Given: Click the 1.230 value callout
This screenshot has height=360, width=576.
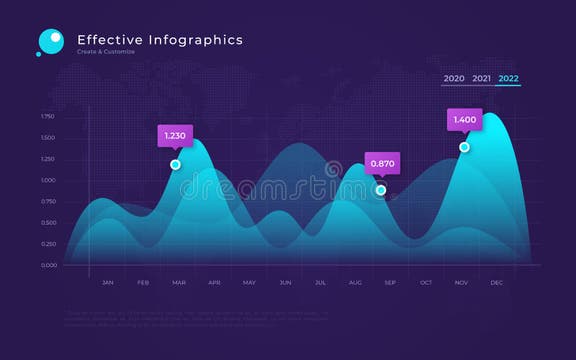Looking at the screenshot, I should (x=175, y=136).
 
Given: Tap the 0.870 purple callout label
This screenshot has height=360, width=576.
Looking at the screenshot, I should (x=382, y=163).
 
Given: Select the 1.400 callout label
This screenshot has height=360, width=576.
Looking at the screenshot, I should (x=465, y=120).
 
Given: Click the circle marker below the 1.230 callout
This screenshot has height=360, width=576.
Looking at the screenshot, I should (x=176, y=164).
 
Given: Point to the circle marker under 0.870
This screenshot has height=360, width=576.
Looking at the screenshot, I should (x=381, y=190).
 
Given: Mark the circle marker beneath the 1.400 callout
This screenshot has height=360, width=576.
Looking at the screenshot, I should (x=464, y=147).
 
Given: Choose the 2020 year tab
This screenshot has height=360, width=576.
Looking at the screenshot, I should (x=454, y=78).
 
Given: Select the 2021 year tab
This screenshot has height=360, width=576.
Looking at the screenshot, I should (x=481, y=78).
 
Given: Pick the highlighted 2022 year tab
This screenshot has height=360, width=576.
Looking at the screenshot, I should (x=508, y=78).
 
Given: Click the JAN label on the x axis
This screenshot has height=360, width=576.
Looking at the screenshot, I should (x=108, y=283).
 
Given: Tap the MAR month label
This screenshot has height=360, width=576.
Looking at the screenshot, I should (x=179, y=283).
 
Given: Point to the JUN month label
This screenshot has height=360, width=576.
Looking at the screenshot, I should (x=285, y=283).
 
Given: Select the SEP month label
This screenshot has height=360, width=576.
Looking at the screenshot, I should (x=390, y=283).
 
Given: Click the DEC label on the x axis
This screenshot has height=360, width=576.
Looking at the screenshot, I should (x=496, y=283).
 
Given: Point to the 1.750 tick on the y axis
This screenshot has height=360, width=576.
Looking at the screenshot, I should (x=48, y=117).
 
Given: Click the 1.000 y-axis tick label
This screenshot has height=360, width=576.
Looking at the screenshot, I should (x=48, y=180).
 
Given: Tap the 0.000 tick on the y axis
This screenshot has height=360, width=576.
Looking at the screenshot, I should (x=48, y=265).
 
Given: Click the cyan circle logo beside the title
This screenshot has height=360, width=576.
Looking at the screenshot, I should (x=50, y=40).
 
